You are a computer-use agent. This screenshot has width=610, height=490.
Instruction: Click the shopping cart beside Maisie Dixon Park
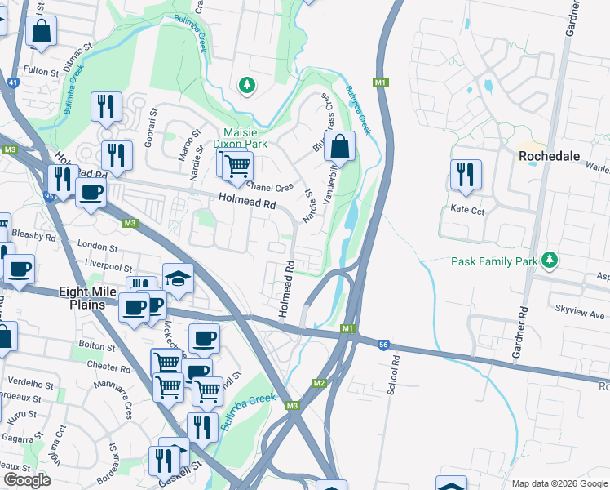pyautogui.click(x=236, y=165)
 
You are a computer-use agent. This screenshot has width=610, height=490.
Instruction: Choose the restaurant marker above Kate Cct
pyautogui.click(x=465, y=174)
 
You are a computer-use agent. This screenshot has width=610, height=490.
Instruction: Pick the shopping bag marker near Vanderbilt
pyautogui.click(x=339, y=147)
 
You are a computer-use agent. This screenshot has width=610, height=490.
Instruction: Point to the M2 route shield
pyautogui.click(x=319, y=383)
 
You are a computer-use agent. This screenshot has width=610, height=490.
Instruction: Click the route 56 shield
pyautogui.click(x=383, y=345)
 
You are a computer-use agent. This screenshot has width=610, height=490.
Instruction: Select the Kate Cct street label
pyautogui.click(x=468, y=210)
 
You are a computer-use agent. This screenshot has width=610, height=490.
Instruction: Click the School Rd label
pyautogui.click(x=393, y=376)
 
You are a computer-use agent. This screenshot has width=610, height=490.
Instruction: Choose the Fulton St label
pyautogui.click(x=42, y=72)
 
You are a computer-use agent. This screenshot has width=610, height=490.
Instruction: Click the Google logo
pyautogui.click(x=27, y=480)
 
